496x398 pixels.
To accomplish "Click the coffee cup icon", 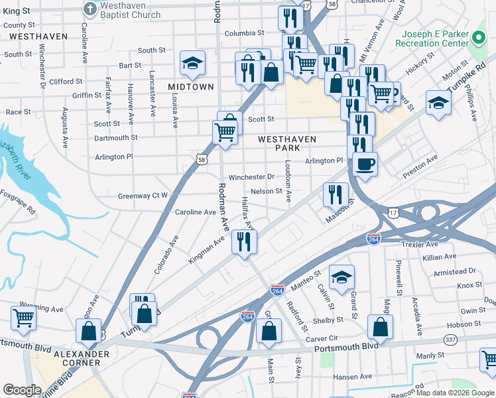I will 365,163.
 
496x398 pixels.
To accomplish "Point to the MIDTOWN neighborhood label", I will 191,87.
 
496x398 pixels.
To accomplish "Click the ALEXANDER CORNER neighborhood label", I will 81,359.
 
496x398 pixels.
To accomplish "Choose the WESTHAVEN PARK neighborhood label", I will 287,143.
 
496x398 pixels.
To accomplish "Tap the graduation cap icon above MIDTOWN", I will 193,63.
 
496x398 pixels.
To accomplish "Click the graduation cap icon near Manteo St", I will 341,277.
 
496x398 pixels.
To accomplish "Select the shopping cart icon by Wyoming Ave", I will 23,318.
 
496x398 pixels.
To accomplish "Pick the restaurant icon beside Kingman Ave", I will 244,241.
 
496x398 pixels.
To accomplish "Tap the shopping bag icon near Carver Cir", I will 269,330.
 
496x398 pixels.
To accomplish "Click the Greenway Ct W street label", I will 143,196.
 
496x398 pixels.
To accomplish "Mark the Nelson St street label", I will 271,192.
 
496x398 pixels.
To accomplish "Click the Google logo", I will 22,390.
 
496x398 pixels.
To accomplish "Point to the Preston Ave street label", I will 420,168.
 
